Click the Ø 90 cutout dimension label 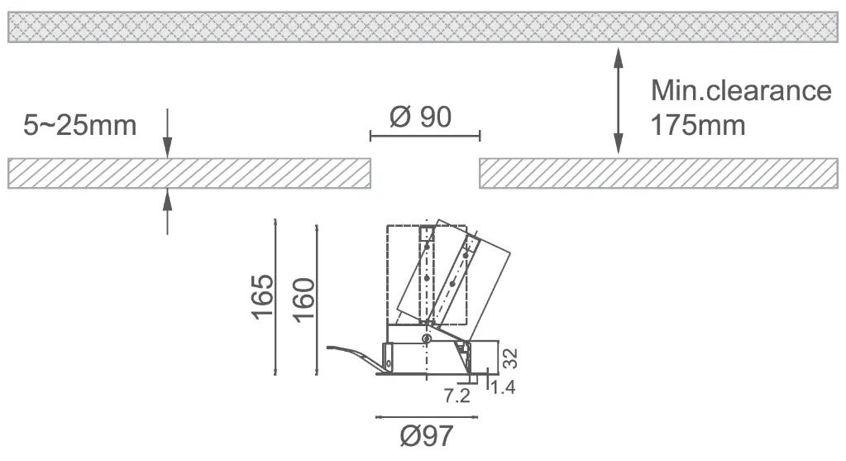pos(420,118)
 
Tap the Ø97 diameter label pos(427,436)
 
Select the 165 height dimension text pos(263,297)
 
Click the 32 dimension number pos(510,358)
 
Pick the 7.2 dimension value pos(457,396)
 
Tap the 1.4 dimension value pos(503,387)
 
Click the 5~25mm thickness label pos(80,126)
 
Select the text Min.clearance pos(741,90)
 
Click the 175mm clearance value pos(698,126)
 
